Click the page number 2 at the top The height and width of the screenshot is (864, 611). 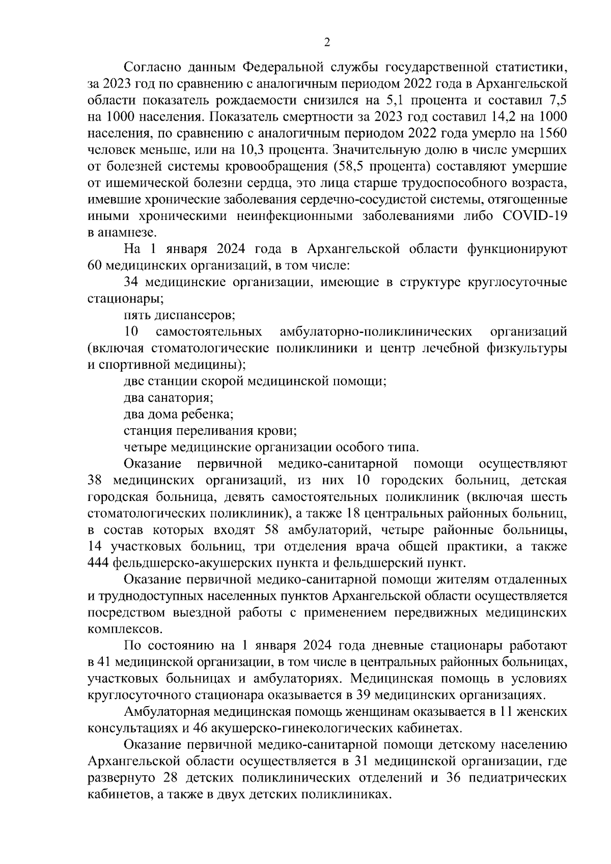pyautogui.click(x=327, y=43)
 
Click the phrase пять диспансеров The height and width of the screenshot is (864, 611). pyautogui.click(x=179, y=315)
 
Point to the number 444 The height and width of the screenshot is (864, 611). pyautogui.click(x=98, y=563)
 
